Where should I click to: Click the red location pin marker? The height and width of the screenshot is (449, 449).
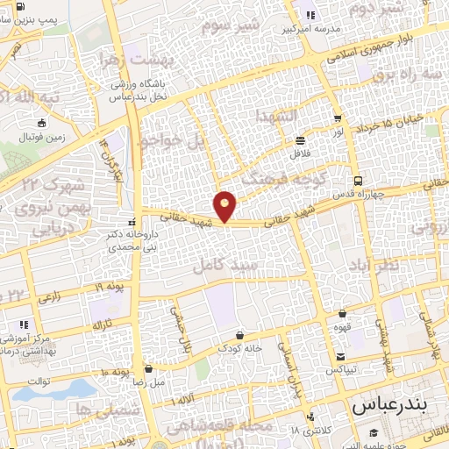pos(225,205)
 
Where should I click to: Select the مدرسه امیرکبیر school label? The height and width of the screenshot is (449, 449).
pos(309,28)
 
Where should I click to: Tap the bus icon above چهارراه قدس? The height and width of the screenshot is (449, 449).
pos(356,181)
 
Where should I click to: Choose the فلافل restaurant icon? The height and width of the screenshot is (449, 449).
pos(301,139)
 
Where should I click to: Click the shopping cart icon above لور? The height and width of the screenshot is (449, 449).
pos(338,116)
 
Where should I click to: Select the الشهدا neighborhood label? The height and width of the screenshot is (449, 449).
pos(276,116)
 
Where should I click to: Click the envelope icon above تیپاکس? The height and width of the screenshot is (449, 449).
pos(339,356)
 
